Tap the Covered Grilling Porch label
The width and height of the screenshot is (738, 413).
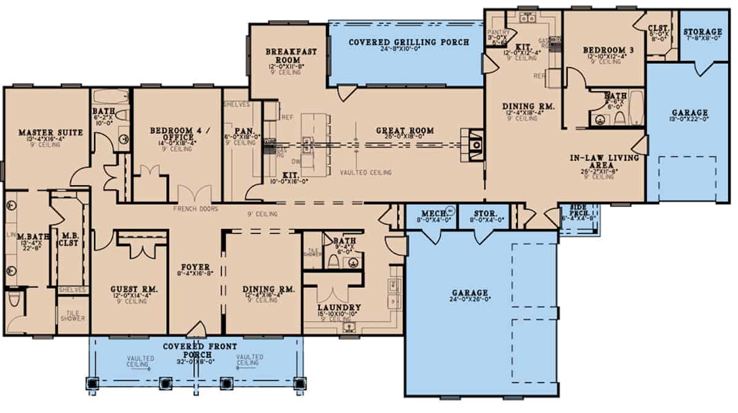click(x=409, y=42)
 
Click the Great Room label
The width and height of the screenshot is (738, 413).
click(x=407, y=130)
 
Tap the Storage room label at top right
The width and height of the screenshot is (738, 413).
click(x=703, y=31)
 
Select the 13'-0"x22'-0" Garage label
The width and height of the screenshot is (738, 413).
click(x=689, y=113)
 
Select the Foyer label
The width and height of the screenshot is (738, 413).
click(x=196, y=267)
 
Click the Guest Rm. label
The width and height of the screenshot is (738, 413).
click(x=128, y=289)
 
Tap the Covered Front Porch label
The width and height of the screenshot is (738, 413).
click(x=196, y=350)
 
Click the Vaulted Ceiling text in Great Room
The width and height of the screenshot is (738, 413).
click(x=366, y=173)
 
